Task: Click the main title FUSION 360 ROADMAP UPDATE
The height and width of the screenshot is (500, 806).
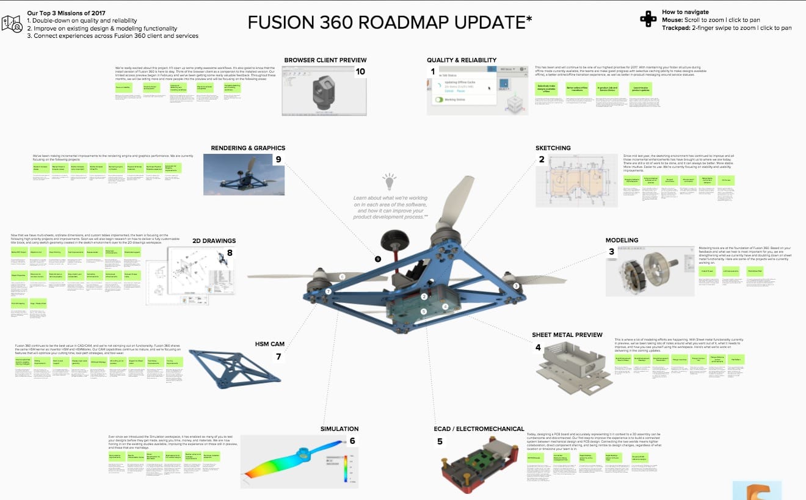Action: [x=390, y=22]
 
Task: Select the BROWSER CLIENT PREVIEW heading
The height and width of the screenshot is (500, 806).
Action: [x=325, y=60]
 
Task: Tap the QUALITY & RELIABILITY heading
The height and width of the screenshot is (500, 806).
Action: [x=462, y=60]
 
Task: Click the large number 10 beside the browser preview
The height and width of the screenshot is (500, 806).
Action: [x=360, y=71]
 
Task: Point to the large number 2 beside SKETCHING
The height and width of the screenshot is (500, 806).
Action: [x=541, y=160]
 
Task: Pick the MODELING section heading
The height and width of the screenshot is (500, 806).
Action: [x=622, y=241]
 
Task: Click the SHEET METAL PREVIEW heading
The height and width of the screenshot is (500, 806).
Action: [x=567, y=335]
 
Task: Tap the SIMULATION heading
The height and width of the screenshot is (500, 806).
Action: [x=339, y=429]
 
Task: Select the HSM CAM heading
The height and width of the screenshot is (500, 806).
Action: [x=269, y=344]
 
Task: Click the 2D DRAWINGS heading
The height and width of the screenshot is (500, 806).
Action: [x=214, y=241]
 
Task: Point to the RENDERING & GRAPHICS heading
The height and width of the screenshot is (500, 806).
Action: [x=248, y=148]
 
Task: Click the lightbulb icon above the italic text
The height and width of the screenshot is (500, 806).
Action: [x=389, y=181]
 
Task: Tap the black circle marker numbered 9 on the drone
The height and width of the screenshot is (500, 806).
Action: [x=378, y=259]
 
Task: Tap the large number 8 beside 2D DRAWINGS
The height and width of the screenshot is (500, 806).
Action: [x=230, y=253]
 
